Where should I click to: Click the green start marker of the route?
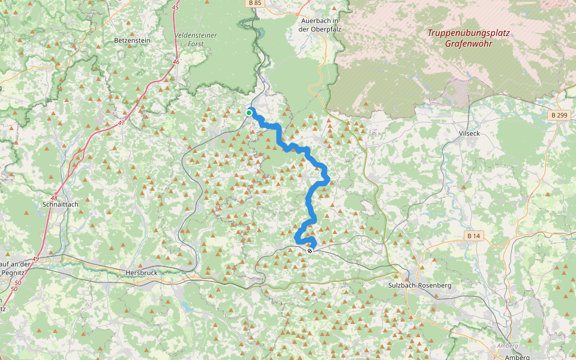(x=249, y=112)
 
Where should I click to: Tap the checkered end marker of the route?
(x=310, y=251)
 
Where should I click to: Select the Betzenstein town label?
(x=131, y=41)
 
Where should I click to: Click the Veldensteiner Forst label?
(x=196, y=40)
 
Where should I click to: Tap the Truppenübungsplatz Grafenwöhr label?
(x=469, y=38)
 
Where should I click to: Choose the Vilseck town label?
(x=469, y=133)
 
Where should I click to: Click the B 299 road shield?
(x=559, y=114)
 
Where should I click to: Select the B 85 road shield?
(x=254, y=3)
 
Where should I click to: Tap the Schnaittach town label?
(x=61, y=204)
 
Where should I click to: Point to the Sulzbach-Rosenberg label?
(x=419, y=286)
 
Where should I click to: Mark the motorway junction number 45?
(x=175, y=7)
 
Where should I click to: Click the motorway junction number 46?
(x=176, y=62)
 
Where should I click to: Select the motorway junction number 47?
(x=121, y=122)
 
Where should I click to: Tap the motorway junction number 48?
(x=54, y=197)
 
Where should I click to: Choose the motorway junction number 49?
(x=36, y=259)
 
